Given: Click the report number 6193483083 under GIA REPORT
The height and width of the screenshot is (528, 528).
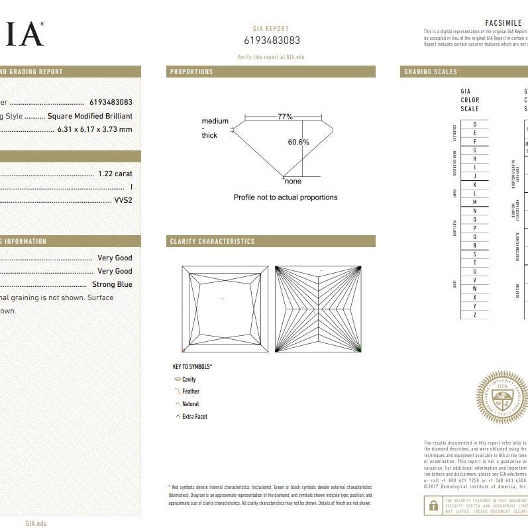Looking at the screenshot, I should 272,40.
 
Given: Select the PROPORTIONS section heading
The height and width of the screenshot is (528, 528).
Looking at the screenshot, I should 191,72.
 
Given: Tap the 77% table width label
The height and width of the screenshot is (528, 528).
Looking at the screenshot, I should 285,116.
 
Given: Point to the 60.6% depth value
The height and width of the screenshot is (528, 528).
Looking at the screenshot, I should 298,142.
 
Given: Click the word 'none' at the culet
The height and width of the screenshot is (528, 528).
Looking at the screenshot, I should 293,181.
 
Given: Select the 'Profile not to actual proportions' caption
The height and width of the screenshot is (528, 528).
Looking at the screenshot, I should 285,197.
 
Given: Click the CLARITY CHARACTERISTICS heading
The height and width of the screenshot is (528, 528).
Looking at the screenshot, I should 212,241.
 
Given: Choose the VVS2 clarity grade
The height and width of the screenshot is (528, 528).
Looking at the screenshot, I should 123,199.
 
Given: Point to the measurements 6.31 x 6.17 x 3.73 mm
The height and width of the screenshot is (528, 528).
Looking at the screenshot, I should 95,129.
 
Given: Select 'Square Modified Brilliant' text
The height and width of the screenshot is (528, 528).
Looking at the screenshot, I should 90,116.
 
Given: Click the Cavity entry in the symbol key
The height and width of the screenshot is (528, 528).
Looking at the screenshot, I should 189,380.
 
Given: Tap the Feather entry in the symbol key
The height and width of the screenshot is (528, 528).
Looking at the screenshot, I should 190,392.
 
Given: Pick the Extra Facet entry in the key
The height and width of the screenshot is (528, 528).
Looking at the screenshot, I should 194,417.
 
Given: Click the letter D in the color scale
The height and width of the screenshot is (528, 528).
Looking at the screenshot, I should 474,125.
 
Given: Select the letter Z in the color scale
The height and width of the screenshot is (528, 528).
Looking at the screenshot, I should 474,315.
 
